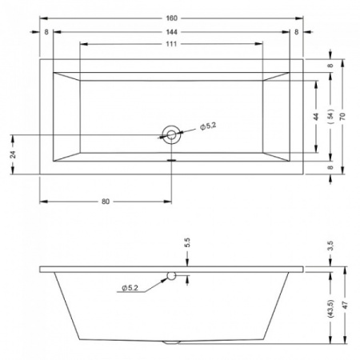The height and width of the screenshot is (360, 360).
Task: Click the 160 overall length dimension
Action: coord(171,18)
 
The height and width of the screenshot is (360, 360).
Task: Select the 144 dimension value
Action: coord(171,32)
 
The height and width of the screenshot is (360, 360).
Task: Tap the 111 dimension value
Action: coord(171,44)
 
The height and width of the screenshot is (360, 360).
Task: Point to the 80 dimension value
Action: coord(106,202)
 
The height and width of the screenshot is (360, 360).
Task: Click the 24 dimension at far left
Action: coord(13,154)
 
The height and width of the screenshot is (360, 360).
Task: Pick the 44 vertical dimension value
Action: coord(316,117)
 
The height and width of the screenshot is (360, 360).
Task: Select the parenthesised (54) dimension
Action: coord(330,116)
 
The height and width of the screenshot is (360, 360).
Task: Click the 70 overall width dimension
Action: coord(343,117)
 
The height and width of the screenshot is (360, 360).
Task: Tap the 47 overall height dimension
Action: coord(345,305)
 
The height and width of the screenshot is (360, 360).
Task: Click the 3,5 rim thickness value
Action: coord(330,246)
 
